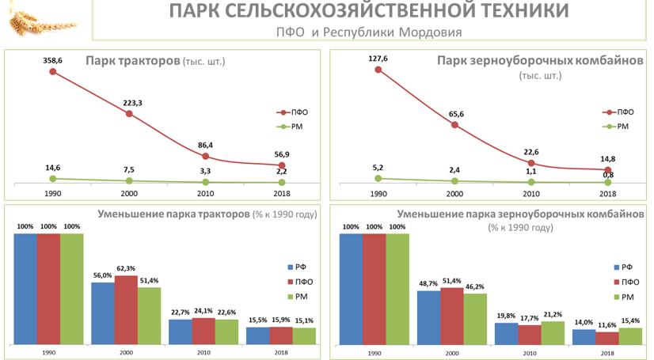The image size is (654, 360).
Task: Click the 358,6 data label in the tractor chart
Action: [52, 60]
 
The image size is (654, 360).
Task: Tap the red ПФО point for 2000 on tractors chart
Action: [129, 114]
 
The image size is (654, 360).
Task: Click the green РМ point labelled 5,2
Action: [378, 178]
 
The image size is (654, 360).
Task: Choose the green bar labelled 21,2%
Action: [553, 333]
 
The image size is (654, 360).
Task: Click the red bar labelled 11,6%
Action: [606, 338]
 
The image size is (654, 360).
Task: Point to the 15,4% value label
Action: [630, 320]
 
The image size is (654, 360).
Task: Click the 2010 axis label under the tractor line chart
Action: [205, 192]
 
